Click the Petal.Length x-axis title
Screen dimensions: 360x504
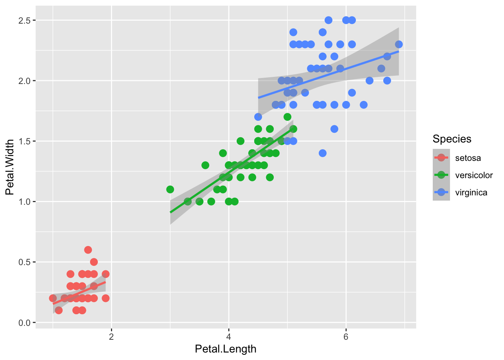pyautogui.click(x=225, y=349)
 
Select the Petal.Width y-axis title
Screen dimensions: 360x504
pyautogui.click(x=10, y=167)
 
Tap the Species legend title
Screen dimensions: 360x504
pyautogui.click(x=451, y=139)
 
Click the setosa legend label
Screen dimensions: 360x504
pyautogui.click(x=468, y=158)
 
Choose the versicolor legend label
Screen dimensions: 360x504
pyautogui.click(x=474, y=175)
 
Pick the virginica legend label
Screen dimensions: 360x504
pyautogui.click(x=471, y=192)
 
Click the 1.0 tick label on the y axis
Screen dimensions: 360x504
pyautogui.click(x=25, y=202)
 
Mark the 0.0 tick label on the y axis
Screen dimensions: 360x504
pyautogui.click(x=25, y=322)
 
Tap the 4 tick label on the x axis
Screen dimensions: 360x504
pyautogui.click(x=229, y=336)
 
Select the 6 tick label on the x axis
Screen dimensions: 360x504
pyautogui.click(x=346, y=336)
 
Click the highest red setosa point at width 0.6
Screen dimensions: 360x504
pyautogui.click(x=88, y=250)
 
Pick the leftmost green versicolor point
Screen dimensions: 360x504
pyautogui.click(x=170, y=189)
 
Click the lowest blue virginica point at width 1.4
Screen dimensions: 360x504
pyautogui.click(x=322, y=153)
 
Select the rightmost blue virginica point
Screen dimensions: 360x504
pyautogui.click(x=399, y=44)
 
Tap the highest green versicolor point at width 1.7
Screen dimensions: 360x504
pyautogui.click(x=287, y=117)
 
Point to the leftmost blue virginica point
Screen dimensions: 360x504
pyautogui.click(x=258, y=117)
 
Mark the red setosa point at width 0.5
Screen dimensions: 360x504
pyautogui.click(x=94, y=262)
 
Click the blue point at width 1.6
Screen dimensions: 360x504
pyautogui.click(x=334, y=129)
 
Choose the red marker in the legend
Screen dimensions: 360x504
pyautogui.click(x=441, y=158)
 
